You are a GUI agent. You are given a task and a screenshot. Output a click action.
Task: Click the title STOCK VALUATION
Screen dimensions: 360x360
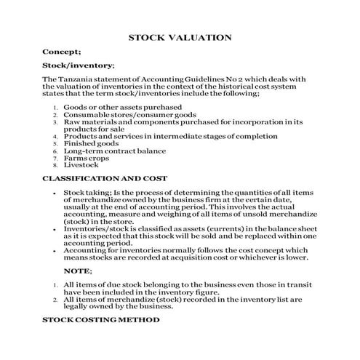180,37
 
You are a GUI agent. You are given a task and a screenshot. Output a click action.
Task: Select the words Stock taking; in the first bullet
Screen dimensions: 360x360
87,192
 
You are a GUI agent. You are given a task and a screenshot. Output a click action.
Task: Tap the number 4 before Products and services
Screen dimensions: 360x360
55,137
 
